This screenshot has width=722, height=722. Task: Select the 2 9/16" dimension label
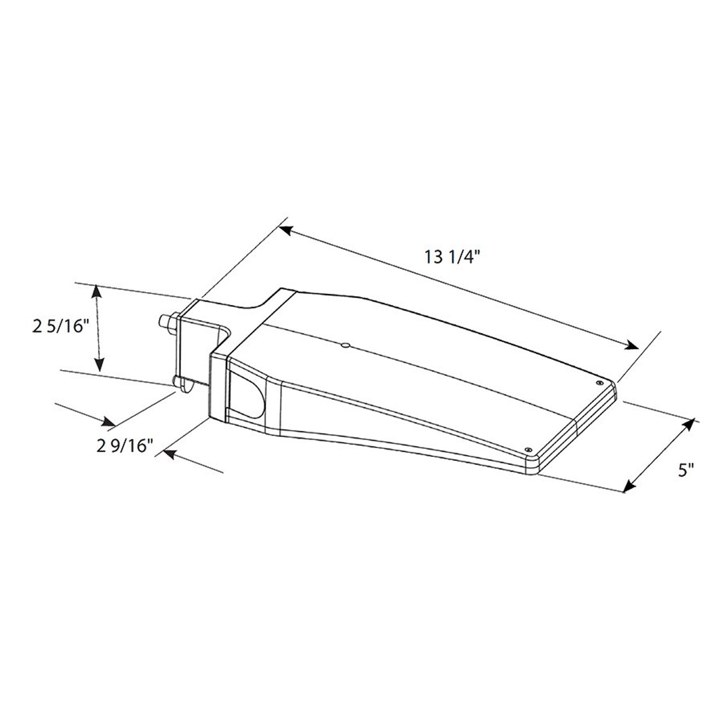coord(125,446)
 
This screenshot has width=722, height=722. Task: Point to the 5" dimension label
coord(686,470)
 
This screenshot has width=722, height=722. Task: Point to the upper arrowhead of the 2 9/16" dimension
coord(108,421)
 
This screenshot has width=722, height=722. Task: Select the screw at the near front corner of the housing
coord(529,448)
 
